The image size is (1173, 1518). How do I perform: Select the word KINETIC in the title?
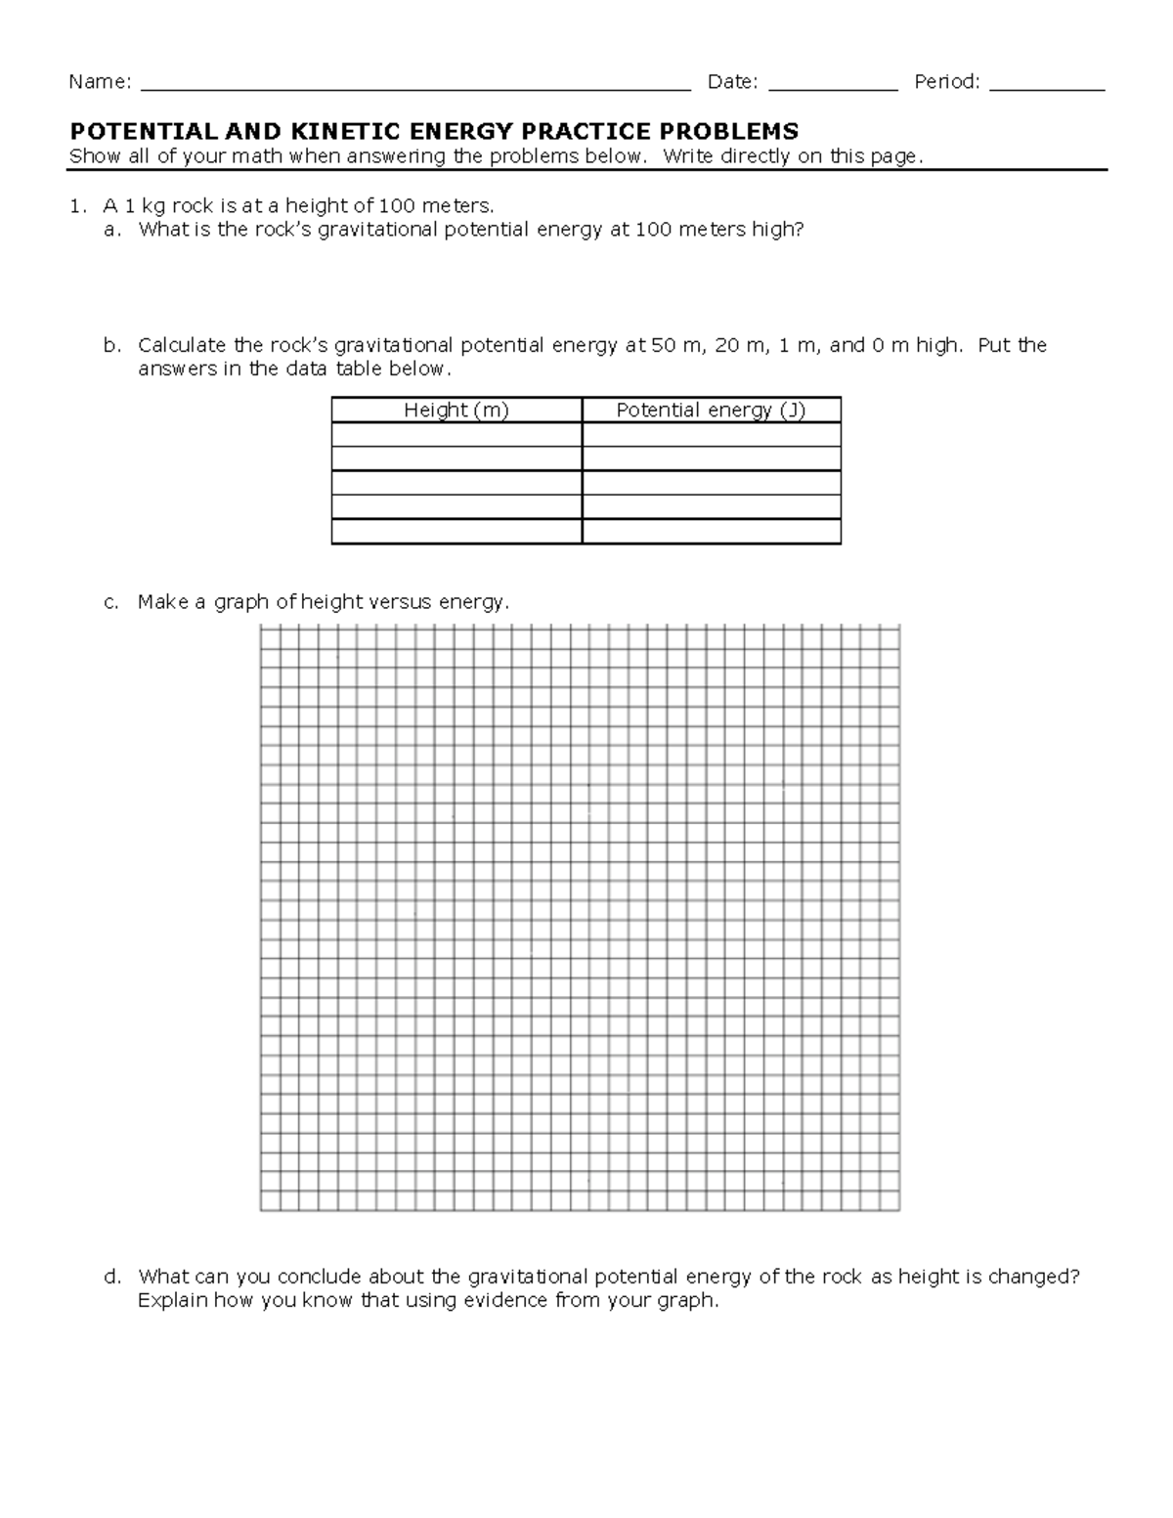(x=336, y=132)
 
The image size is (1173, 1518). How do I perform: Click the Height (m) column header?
(x=456, y=411)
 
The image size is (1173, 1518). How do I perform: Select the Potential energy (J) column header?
(x=711, y=411)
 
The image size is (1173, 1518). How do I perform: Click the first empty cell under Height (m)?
(x=456, y=435)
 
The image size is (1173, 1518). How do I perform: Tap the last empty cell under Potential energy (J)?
(x=711, y=532)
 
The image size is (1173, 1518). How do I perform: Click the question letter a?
(x=110, y=231)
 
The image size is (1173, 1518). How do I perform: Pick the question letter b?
(x=110, y=346)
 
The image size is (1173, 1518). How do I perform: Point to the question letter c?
(x=110, y=603)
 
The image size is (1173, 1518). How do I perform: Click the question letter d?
(x=110, y=1278)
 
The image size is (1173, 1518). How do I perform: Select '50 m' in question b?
(x=676, y=346)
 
